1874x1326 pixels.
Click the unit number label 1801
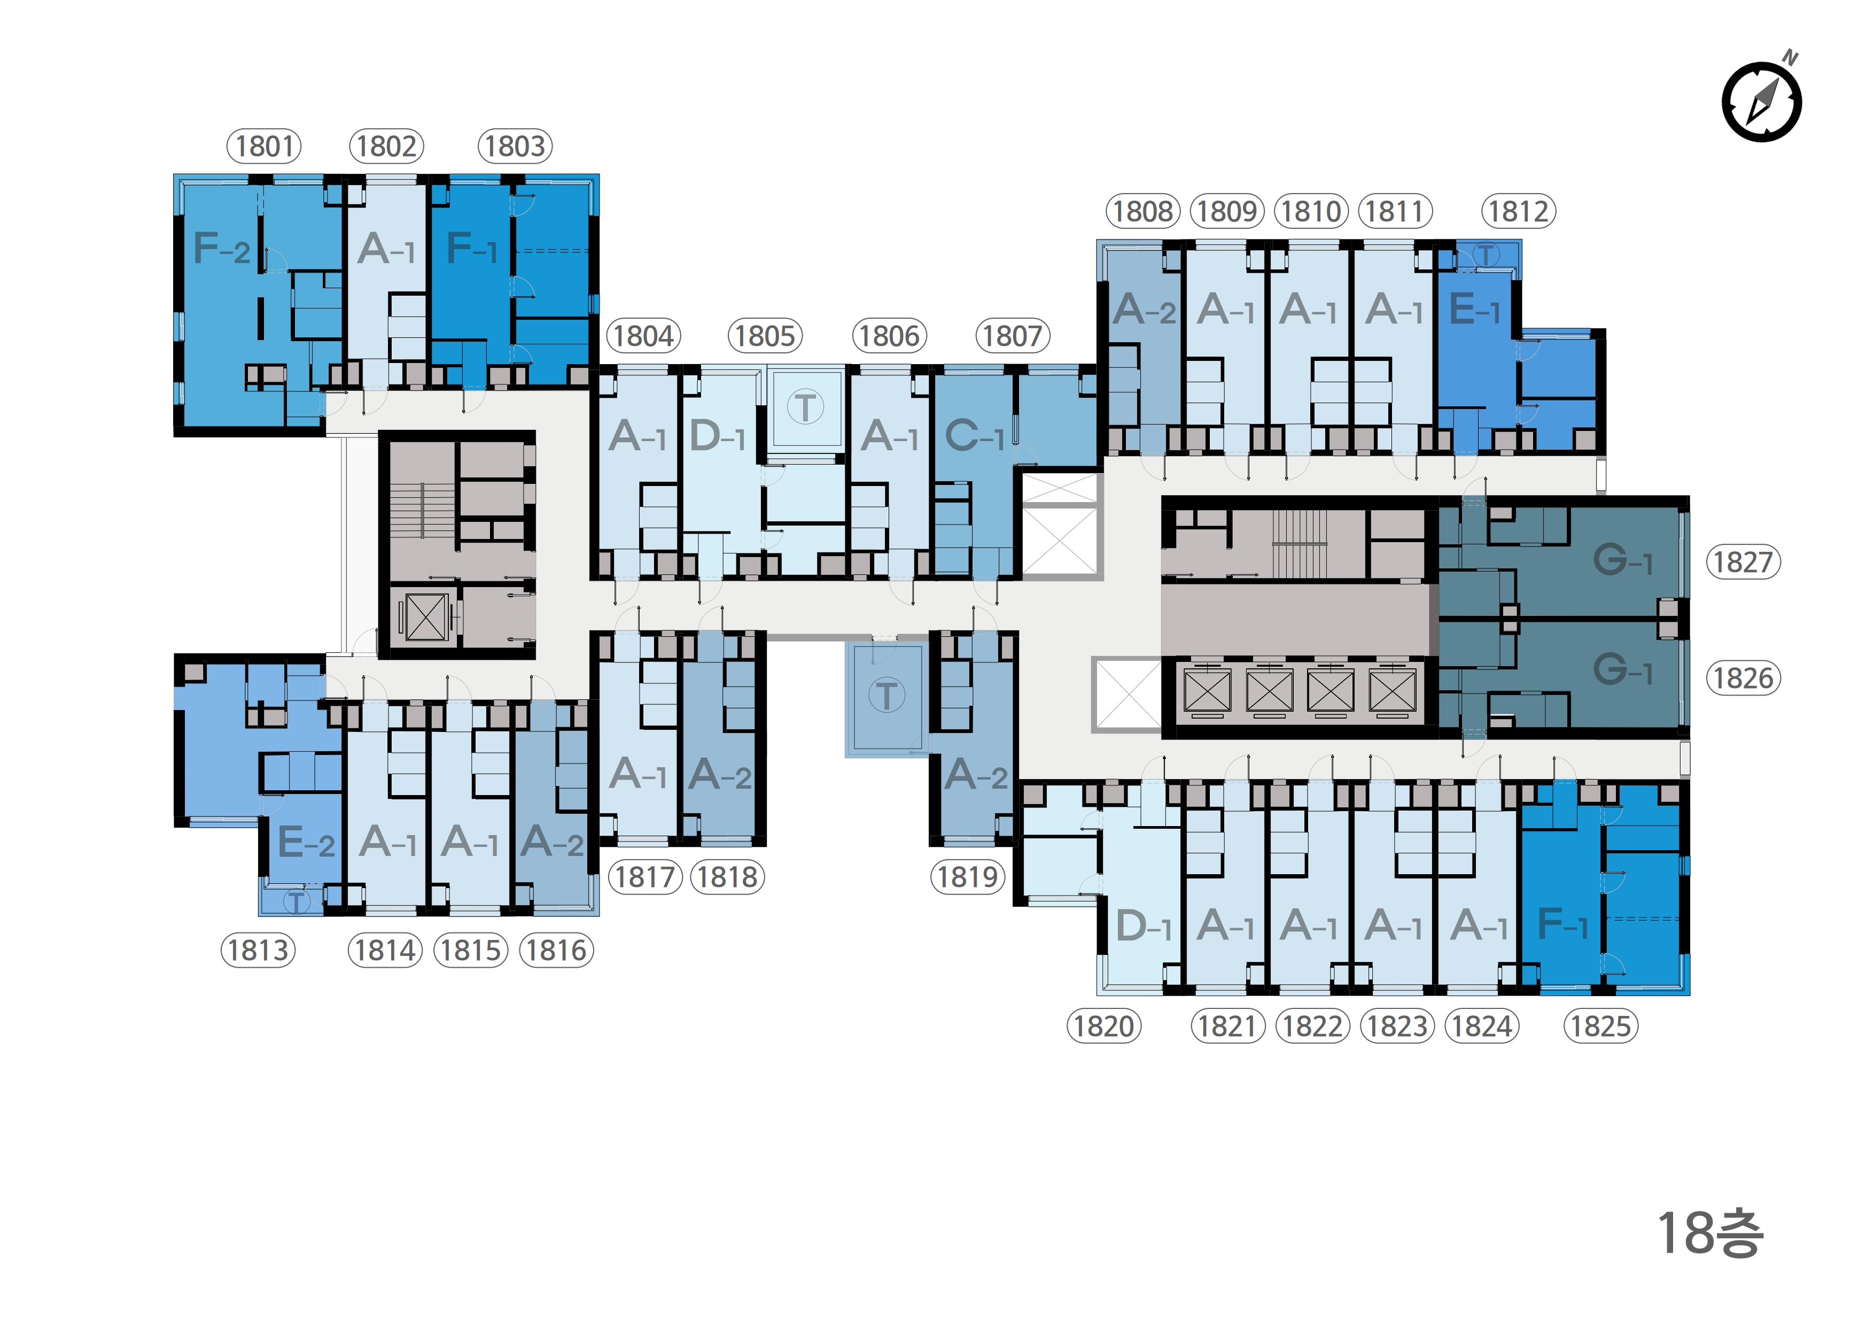(263, 146)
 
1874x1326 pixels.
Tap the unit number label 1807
(1012, 336)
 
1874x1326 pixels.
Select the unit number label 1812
(1518, 212)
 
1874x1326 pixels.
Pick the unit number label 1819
(967, 877)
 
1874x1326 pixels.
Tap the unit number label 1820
(1103, 1027)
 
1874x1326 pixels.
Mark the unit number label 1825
(1600, 1027)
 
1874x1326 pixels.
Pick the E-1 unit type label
(1474, 310)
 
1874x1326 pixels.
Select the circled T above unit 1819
(887, 696)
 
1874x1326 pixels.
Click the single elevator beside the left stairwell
(425, 616)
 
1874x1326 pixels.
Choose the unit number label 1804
(643, 336)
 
